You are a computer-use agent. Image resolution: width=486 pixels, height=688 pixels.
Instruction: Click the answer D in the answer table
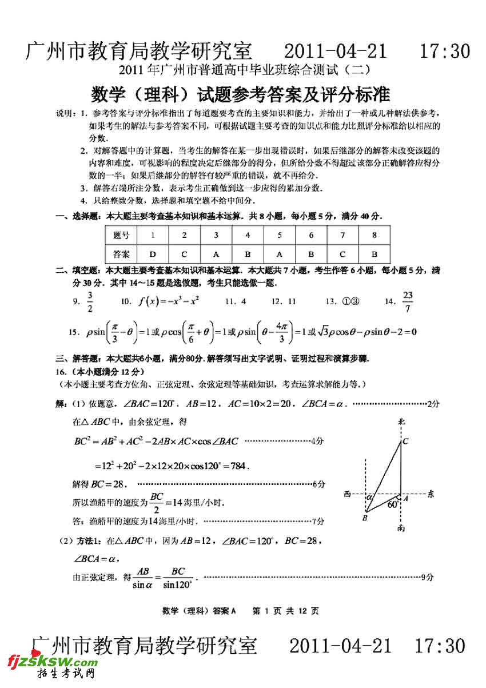click(x=153, y=254)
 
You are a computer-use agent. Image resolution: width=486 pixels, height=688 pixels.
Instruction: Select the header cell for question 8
click(x=375, y=235)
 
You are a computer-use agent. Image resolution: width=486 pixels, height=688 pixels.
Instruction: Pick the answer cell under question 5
click(x=280, y=254)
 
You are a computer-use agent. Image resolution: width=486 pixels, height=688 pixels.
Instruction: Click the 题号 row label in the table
click(x=121, y=235)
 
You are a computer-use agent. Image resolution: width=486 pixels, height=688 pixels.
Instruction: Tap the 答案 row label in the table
click(x=121, y=254)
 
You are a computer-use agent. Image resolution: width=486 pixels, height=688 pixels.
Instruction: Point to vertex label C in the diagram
click(x=405, y=441)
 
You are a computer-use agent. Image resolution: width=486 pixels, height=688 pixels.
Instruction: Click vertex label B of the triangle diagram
click(x=364, y=518)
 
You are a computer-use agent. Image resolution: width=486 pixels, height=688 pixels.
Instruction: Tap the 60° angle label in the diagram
click(x=393, y=504)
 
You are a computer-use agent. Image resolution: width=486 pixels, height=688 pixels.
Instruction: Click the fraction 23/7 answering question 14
click(x=407, y=301)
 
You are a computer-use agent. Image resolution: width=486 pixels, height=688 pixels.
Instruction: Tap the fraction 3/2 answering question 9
click(x=90, y=301)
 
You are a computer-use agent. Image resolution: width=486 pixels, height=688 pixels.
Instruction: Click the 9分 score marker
click(x=427, y=578)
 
